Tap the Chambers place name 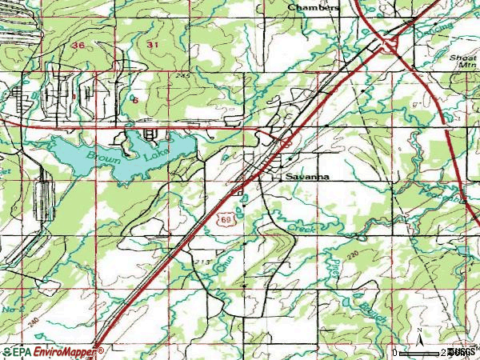coord(314,7)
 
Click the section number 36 coord(77,46)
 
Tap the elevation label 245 coord(186,75)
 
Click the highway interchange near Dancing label coord(391,45)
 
